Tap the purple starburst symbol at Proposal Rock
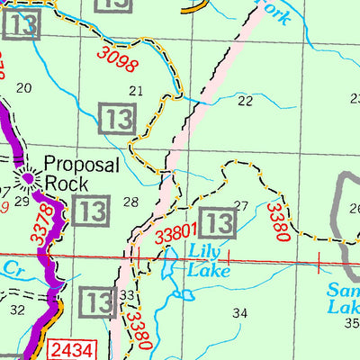click(x=29, y=178)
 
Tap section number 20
click(x=24, y=87)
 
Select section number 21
click(x=137, y=90)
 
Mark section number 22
click(x=245, y=101)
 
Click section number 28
click(x=130, y=202)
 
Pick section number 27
click(x=240, y=205)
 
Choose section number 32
click(x=17, y=310)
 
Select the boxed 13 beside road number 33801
click(x=217, y=221)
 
